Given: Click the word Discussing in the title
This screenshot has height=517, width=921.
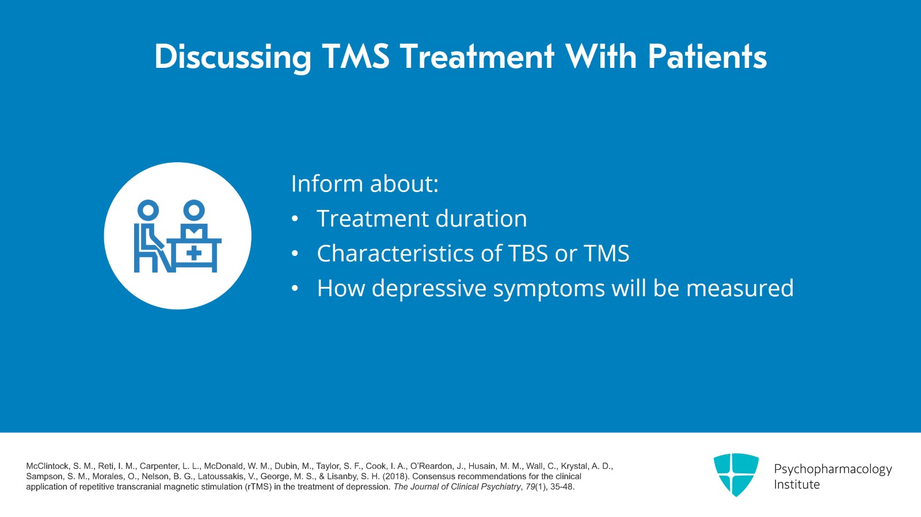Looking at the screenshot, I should (x=233, y=58).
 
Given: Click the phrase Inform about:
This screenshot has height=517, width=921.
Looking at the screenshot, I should (x=364, y=184).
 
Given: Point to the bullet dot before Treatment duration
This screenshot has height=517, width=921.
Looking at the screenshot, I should (x=295, y=219).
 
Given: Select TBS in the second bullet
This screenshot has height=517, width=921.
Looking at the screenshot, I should (x=528, y=254).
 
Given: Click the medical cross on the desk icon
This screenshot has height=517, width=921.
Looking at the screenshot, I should (x=195, y=252).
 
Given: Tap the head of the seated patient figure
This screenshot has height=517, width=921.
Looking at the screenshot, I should (x=148, y=210).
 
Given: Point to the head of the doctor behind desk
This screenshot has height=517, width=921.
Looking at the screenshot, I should (x=194, y=210).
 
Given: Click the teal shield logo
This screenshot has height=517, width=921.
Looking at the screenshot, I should (x=736, y=474).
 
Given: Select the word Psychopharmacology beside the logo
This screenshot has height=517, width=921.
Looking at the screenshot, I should (x=832, y=469).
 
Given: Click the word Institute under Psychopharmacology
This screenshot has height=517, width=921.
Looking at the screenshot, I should (x=796, y=485).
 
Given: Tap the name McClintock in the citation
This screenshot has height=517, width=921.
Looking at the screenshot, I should (x=48, y=466).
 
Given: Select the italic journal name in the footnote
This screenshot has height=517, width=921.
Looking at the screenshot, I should (x=457, y=487).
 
